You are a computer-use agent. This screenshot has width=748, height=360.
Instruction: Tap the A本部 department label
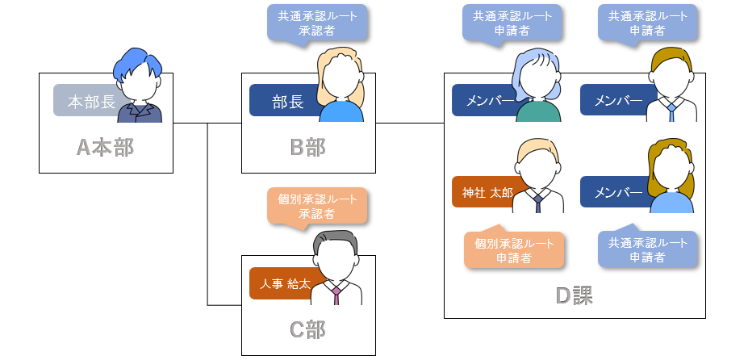(106, 147)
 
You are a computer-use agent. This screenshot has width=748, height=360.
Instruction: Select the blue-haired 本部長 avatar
(139, 86)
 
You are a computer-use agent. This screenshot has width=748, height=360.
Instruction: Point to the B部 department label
(308, 147)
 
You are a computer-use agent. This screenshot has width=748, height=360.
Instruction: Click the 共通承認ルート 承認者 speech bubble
(317, 22)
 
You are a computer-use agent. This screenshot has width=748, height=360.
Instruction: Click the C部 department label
(308, 329)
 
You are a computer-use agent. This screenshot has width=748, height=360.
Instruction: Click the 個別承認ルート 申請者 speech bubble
(513, 250)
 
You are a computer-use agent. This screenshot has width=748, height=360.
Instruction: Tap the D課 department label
(575, 295)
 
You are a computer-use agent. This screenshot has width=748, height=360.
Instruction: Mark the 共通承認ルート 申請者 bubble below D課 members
(648, 250)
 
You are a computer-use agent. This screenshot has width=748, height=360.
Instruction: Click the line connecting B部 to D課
(410, 123)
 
